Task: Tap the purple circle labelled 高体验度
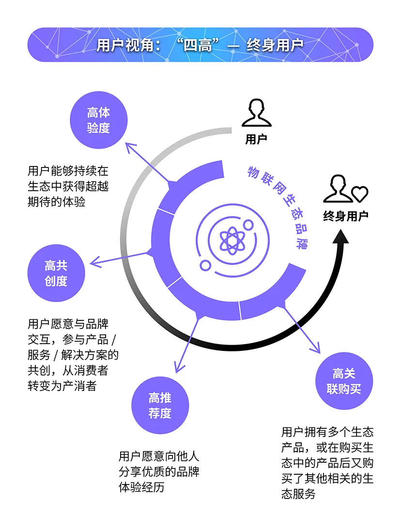coord(98,120)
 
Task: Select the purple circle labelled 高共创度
coord(56,273)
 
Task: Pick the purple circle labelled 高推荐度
coord(160,406)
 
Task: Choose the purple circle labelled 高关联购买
coord(344,381)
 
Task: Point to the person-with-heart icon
coord(345,189)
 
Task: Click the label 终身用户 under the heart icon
coord(345,216)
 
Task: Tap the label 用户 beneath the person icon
coord(256,139)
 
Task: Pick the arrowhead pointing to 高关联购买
coord(316,349)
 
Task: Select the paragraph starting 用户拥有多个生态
coord(327,463)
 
